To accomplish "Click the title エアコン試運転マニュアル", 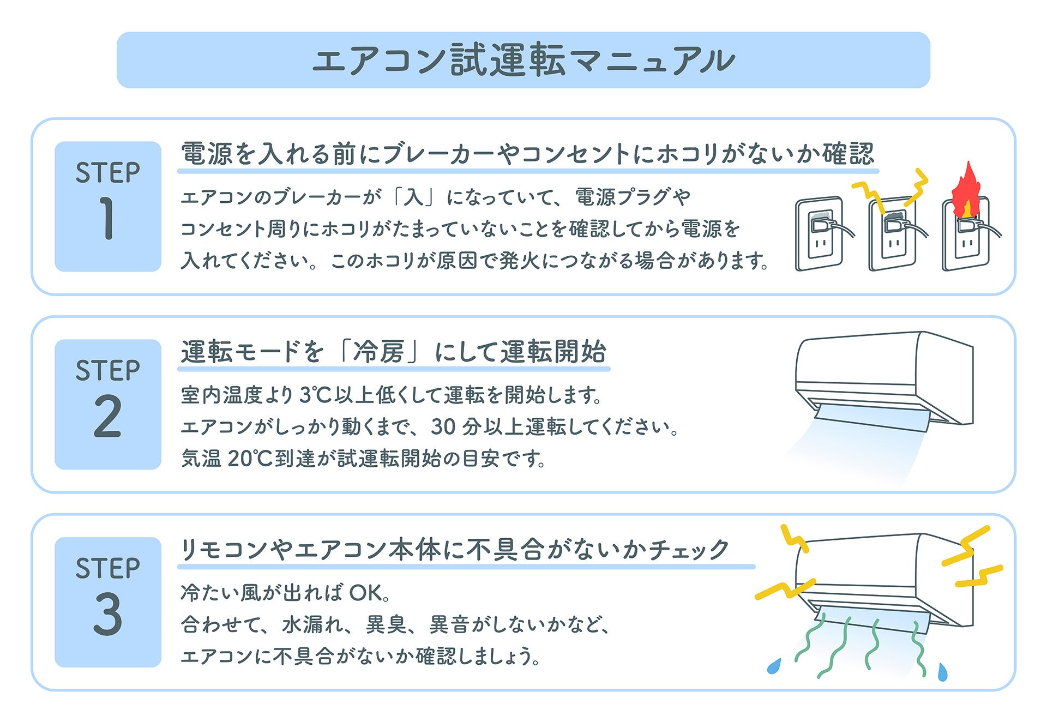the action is pos(523,60).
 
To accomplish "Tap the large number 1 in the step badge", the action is pos(106,218).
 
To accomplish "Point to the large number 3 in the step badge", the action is pos(107,614).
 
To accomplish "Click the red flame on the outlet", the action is pos(965,191).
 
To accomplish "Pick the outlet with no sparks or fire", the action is pos(820,234).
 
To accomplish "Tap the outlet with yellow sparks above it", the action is pos(892,234).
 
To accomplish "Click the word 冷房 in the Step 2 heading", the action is pos(378,352).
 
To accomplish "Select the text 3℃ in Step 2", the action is pos(316,395).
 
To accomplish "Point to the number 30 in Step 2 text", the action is pos(443,427).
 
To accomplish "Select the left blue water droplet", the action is pos(774,666).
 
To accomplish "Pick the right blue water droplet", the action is pos(942,672).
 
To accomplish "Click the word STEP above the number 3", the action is pos(107,568).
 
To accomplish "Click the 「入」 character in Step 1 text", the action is pos(413,197).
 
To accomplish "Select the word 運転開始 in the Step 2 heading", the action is pos(553,352).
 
